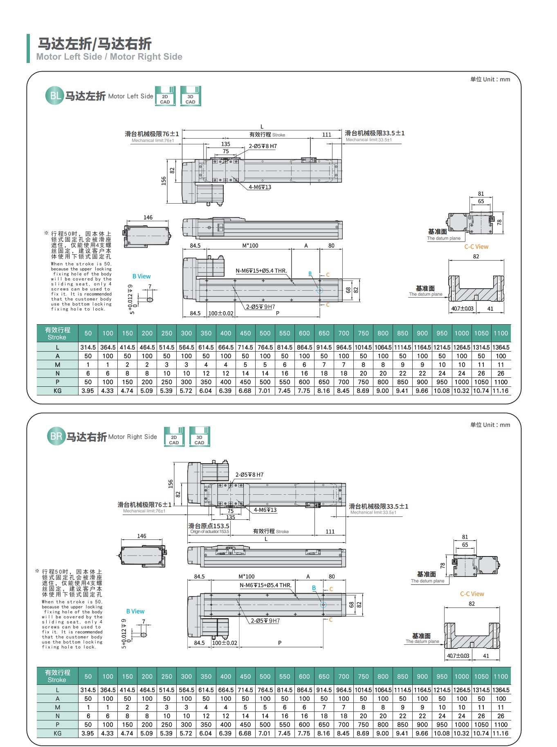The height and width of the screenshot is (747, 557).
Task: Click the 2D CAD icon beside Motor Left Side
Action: [165, 96]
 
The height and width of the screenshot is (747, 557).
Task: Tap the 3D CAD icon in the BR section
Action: [200, 437]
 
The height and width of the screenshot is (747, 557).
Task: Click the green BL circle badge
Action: [54, 96]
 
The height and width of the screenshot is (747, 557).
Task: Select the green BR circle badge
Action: [56, 436]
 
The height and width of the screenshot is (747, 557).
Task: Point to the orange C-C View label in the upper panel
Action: [476, 247]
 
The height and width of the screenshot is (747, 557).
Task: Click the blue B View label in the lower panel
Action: [135, 611]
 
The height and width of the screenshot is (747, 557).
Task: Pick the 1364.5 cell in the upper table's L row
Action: [501, 347]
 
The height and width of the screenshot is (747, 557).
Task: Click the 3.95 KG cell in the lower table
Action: [88, 733]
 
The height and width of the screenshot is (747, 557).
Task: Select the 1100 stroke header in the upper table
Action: [501, 333]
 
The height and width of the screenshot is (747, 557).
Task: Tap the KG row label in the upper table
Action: [57, 390]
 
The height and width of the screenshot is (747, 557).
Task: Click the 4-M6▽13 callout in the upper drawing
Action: [260, 187]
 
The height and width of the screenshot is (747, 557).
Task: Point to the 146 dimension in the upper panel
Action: [148, 218]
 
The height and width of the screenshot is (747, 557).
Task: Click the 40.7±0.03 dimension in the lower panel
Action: [458, 655]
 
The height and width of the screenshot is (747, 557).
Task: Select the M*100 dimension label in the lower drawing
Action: [247, 577]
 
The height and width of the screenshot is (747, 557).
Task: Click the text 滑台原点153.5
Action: [209, 526]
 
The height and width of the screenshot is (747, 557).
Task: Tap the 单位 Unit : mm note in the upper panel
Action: [490, 79]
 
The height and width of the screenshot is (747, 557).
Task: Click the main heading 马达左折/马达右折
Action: [95, 44]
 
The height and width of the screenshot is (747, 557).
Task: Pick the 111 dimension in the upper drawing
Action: [327, 135]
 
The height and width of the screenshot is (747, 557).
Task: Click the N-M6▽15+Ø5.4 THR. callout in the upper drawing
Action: [261, 271]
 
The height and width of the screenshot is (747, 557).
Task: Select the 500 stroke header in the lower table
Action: [265, 676]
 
